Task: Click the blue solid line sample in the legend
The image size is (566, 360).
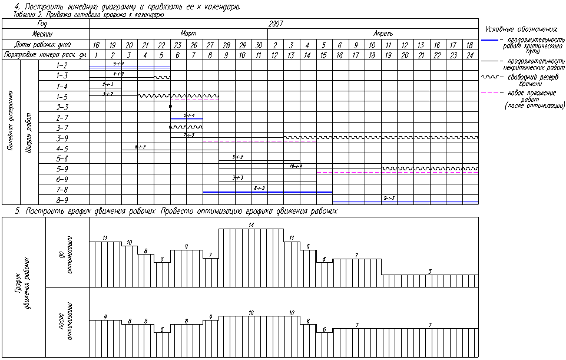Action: click(489, 40)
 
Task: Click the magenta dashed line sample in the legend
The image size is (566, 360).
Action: click(489, 93)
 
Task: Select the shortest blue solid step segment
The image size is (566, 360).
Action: click(186, 120)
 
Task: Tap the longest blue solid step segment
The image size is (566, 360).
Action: click(405, 202)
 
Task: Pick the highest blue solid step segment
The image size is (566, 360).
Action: click(130, 67)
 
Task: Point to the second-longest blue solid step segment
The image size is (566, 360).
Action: click(267, 191)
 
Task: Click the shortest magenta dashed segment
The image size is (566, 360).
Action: click(194, 100)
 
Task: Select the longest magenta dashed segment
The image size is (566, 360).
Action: click(398, 172)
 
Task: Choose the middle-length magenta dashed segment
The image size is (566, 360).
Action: click(260, 141)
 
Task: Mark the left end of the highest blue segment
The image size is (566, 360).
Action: click(90, 67)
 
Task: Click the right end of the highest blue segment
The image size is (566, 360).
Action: click(170, 67)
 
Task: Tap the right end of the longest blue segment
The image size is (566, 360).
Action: click(478, 202)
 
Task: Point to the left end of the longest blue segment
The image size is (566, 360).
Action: click(333, 202)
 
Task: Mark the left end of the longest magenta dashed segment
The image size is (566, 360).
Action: click(317, 172)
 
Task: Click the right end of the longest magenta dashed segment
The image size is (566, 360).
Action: click(478, 172)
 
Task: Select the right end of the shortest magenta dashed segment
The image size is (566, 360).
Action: click(219, 100)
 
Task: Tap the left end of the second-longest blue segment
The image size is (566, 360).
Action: click(203, 191)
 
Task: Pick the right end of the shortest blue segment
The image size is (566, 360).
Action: click(203, 120)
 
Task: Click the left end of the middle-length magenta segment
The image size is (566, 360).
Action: click(203, 141)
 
